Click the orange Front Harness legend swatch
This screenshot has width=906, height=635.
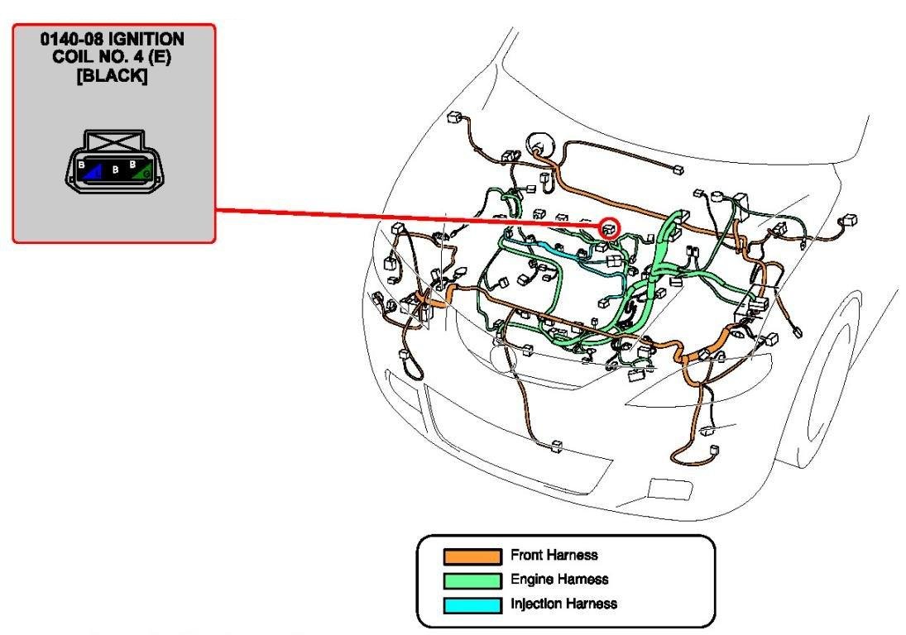[472, 556]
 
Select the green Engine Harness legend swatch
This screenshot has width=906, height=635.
[472, 580]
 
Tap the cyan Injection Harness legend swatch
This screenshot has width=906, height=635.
[472, 605]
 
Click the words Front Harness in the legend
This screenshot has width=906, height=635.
[554, 555]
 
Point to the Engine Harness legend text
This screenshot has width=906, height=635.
[559, 580]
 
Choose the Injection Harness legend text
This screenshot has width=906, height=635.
[563, 604]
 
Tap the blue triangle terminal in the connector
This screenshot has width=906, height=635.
[93, 171]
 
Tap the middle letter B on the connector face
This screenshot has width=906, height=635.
[115, 170]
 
